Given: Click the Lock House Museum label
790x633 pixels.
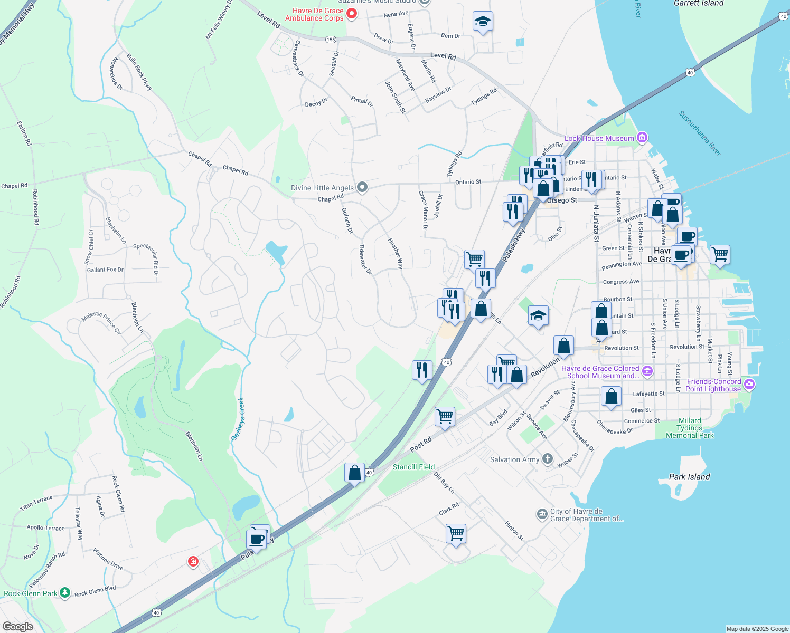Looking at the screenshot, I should click(599, 139).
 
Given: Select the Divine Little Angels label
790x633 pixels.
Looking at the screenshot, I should click(322, 188).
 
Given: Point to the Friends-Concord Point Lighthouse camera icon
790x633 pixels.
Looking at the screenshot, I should click(749, 385).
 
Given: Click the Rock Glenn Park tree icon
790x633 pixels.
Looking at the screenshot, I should click(65, 593).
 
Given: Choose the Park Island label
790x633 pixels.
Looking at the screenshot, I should click(689, 477).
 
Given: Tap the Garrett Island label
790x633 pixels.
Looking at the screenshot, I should click(698, 4).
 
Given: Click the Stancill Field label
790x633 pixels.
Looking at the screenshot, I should click(413, 467).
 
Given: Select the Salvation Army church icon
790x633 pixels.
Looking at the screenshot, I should click(548, 459).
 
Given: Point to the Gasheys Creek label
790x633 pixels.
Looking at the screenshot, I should click(238, 419).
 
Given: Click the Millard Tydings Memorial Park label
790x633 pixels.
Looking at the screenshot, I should click(690, 428).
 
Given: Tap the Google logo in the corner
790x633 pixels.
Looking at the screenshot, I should click(17, 627).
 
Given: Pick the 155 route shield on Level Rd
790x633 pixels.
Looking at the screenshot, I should click(331, 40).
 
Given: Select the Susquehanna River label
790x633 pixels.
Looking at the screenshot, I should click(700, 133).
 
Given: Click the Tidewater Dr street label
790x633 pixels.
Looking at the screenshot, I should click(365, 259).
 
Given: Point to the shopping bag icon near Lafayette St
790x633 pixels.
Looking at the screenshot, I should click(611, 396).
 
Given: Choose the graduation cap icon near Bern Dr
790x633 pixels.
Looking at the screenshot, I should click(483, 22).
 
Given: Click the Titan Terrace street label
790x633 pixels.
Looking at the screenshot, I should click(36, 503).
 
